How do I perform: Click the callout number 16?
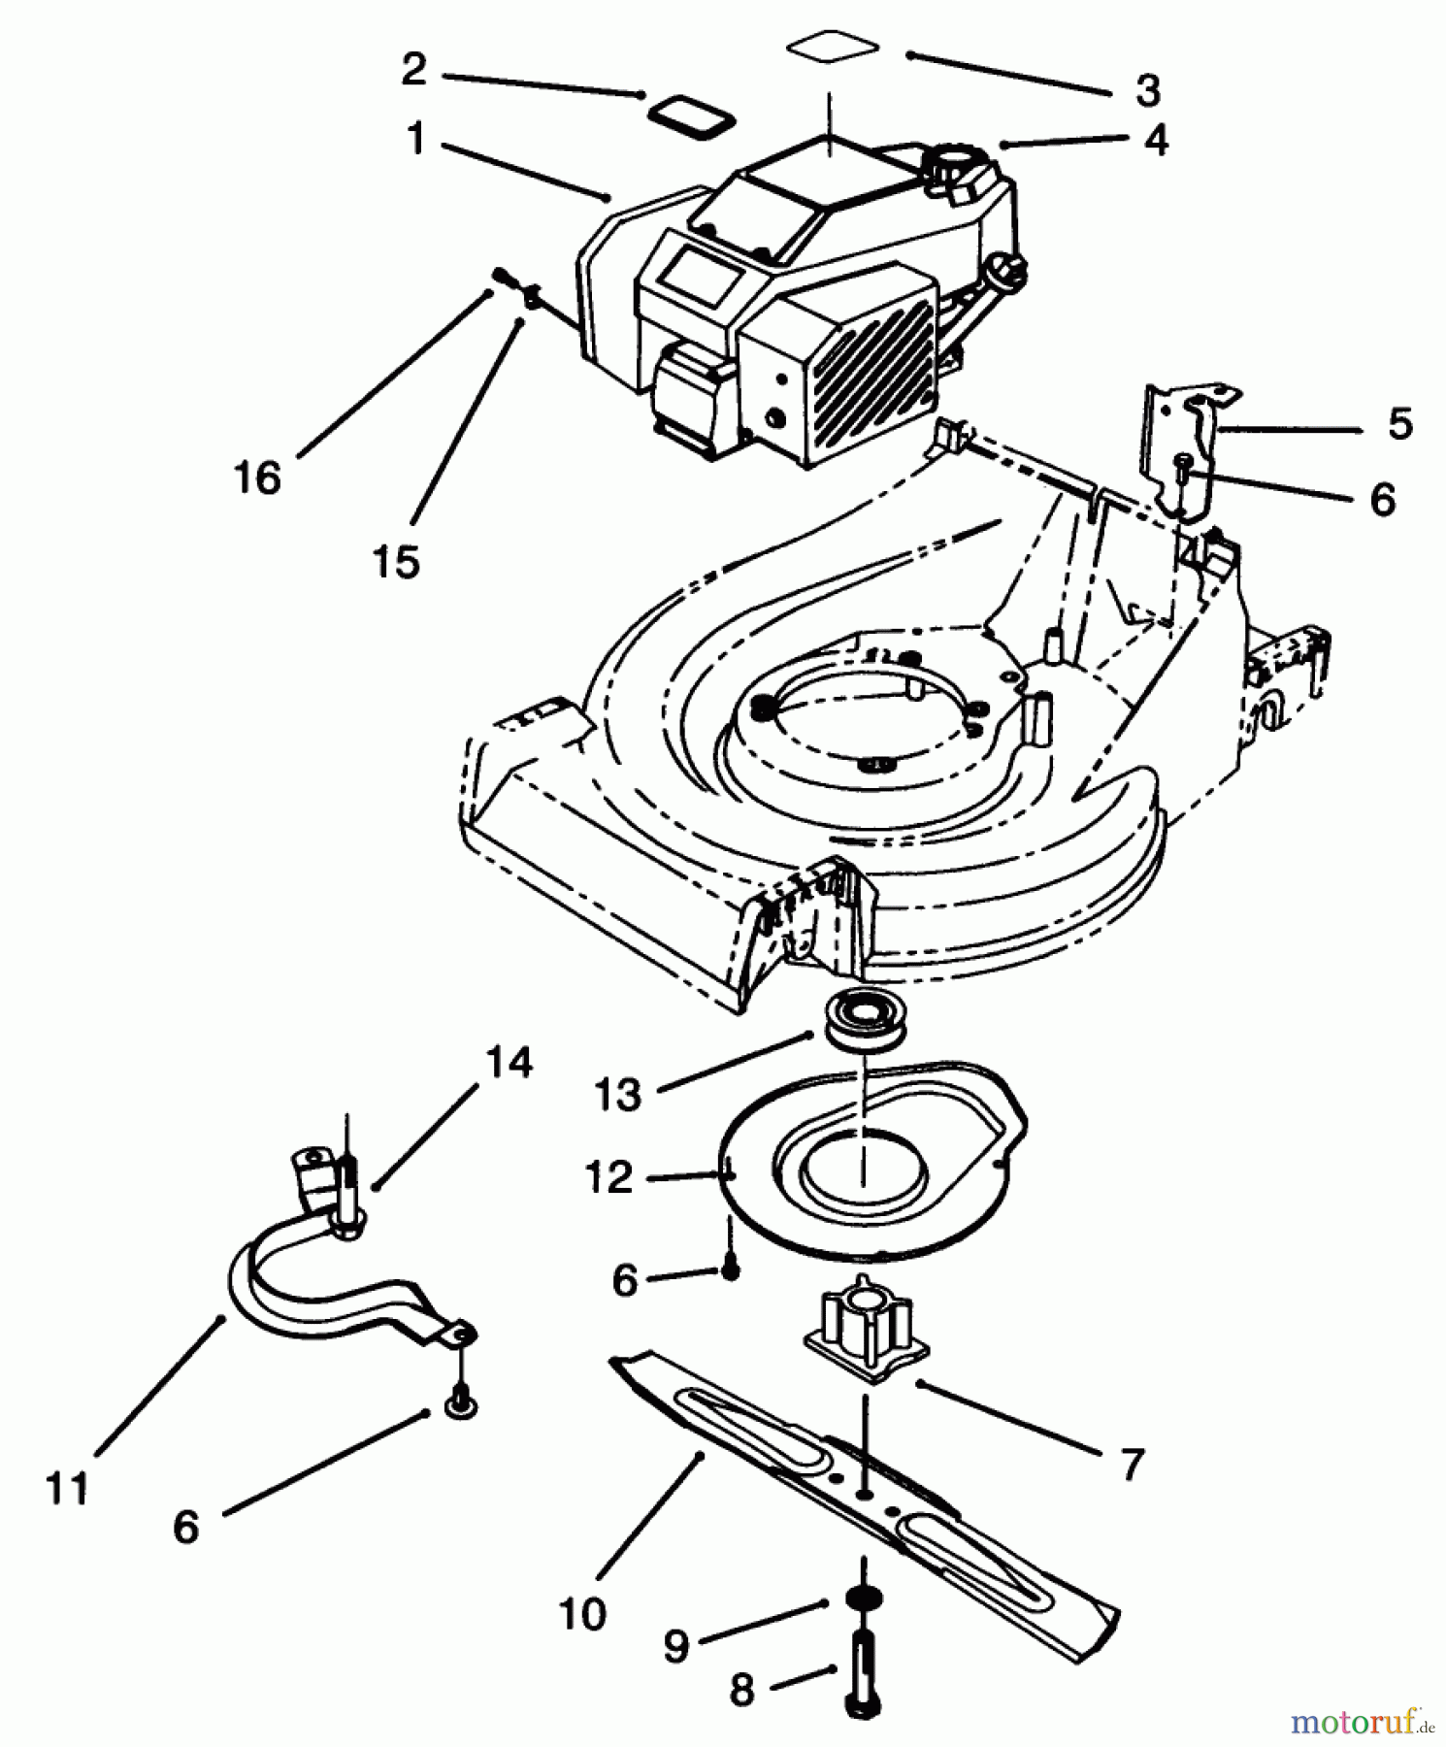[x=257, y=478]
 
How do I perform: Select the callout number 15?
[x=397, y=562]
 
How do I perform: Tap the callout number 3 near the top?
[x=1147, y=91]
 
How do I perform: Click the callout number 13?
[x=618, y=1094]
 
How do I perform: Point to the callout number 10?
[x=582, y=1614]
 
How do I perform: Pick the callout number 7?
[x=1132, y=1465]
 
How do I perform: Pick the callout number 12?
[x=609, y=1177]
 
